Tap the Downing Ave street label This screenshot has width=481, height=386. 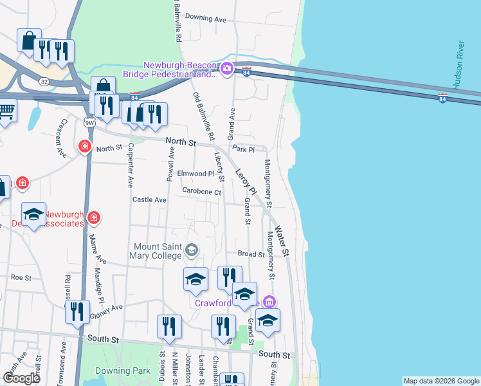pos(206,19)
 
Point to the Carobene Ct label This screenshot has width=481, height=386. pos(201,192)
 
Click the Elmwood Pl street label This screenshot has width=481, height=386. pos(195,174)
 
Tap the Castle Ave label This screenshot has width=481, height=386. pos(149,200)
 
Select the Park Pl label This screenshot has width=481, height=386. pos(244,149)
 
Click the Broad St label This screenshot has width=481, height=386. pos(251,254)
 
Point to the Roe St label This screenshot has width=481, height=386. pos(21,277)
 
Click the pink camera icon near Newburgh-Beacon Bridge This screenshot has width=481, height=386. pos(226,69)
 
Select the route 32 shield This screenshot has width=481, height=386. pos(44,82)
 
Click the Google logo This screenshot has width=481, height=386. pos(21,378)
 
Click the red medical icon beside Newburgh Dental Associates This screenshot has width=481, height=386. pos(94,219)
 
